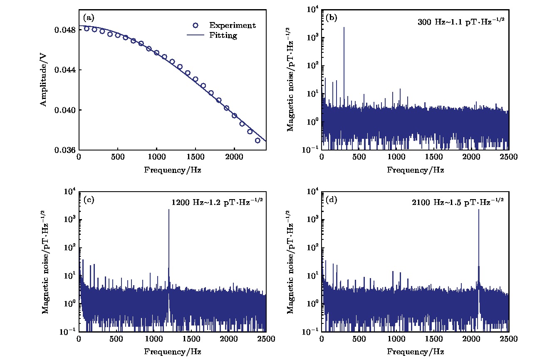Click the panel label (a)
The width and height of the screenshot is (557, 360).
click(x=89, y=18)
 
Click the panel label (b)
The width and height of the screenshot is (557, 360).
click(x=332, y=18)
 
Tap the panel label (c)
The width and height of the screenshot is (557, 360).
click(x=89, y=200)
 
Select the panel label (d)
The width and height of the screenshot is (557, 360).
click(x=332, y=200)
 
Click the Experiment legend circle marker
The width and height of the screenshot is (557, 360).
click(x=197, y=25)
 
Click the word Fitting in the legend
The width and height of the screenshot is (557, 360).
click(x=223, y=36)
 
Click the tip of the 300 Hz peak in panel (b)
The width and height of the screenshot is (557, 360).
click(x=344, y=27)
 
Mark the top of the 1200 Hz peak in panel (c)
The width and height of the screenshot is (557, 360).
click(x=168, y=210)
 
